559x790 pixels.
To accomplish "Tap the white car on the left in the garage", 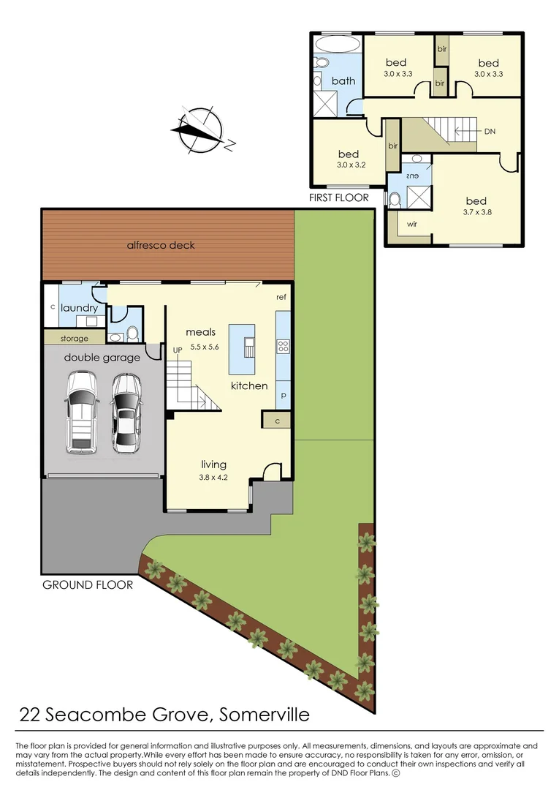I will tap(81, 412).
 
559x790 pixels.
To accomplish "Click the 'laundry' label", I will tap(79, 309).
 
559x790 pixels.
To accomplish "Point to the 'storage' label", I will tap(75, 339).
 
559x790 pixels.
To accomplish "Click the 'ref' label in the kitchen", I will tap(281, 298).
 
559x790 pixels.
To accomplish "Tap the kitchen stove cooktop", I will tap(283, 347).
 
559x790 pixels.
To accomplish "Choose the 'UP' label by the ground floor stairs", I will tap(177, 351).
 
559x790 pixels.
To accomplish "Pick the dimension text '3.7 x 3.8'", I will tap(476, 214).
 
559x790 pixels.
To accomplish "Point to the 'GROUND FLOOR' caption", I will tap(88, 584).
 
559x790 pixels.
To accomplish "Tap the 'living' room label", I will tap(213, 464).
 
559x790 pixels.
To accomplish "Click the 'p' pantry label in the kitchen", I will tap(283, 395).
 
